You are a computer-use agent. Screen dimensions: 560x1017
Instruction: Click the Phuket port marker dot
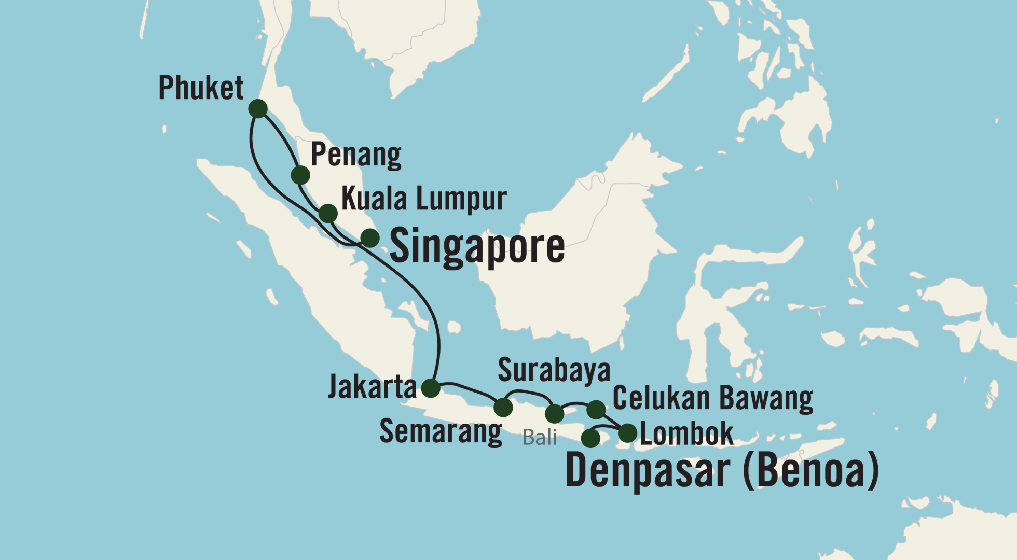pyautogui.click(x=258, y=109)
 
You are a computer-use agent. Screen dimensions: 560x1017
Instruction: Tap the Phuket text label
pyautogui.click(x=201, y=88)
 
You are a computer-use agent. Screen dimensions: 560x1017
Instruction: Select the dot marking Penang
pyautogui.click(x=300, y=175)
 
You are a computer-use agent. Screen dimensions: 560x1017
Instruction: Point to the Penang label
pyautogui.click(x=356, y=155)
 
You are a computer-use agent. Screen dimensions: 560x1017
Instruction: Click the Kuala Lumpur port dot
pyautogui.click(x=328, y=213)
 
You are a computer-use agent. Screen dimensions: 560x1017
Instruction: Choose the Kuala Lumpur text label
pyautogui.click(x=424, y=199)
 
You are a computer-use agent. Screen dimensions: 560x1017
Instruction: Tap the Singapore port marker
pyautogui.click(x=370, y=238)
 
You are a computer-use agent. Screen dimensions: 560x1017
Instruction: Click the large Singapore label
pyautogui.click(x=477, y=246)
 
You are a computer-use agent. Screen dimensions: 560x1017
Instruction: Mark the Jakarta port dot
pyautogui.click(x=431, y=388)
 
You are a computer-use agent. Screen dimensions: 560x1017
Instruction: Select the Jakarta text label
pyautogui.click(x=372, y=387)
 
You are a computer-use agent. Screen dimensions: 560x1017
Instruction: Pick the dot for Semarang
pyautogui.click(x=503, y=408)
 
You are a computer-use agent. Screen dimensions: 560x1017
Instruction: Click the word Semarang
pyautogui.click(x=441, y=431)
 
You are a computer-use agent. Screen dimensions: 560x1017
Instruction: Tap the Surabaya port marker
pyautogui.click(x=555, y=414)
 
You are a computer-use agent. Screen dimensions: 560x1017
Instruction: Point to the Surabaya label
pyautogui.click(x=554, y=370)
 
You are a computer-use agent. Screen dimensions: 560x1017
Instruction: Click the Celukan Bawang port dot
pyautogui.click(x=596, y=410)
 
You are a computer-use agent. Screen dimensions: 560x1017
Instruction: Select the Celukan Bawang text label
pyautogui.click(x=713, y=398)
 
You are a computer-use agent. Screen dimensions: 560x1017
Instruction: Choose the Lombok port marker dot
pyautogui.click(x=628, y=432)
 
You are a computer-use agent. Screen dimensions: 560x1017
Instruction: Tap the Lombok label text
pyautogui.click(x=686, y=433)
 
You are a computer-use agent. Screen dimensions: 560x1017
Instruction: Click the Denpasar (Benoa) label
pyautogui.click(x=722, y=471)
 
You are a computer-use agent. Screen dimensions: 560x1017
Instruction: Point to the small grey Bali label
pyautogui.click(x=540, y=438)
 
